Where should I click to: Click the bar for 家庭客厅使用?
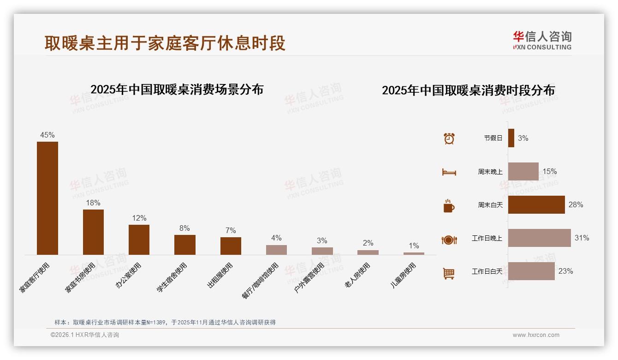tap(48, 198)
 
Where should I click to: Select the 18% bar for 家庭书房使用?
tap(93, 232)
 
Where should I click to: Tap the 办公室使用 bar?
tap(139, 240)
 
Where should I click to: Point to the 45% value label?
tap(48, 135)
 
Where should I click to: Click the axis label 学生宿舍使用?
tap(172, 277)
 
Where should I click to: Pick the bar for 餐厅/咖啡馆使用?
tap(276, 250)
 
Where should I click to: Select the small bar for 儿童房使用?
tap(414, 253)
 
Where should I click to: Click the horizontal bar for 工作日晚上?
tap(539, 238)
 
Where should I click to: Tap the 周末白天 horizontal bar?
tap(536, 204)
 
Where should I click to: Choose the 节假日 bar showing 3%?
tap(511, 138)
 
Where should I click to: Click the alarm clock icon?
tap(449, 138)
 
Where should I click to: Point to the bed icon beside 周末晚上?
tap(449, 172)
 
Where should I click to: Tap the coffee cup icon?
tap(449, 206)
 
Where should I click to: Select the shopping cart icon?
tap(449, 273)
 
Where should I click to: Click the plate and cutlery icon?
tap(449, 240)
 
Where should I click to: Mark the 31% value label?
tap(582, 238)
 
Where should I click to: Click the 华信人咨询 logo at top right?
tap(542, 40)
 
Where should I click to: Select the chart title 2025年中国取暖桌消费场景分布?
tap(177, 89)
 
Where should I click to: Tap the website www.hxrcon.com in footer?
tap(536, 335)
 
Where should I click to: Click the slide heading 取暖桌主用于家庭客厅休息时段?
tap(165, 43)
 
